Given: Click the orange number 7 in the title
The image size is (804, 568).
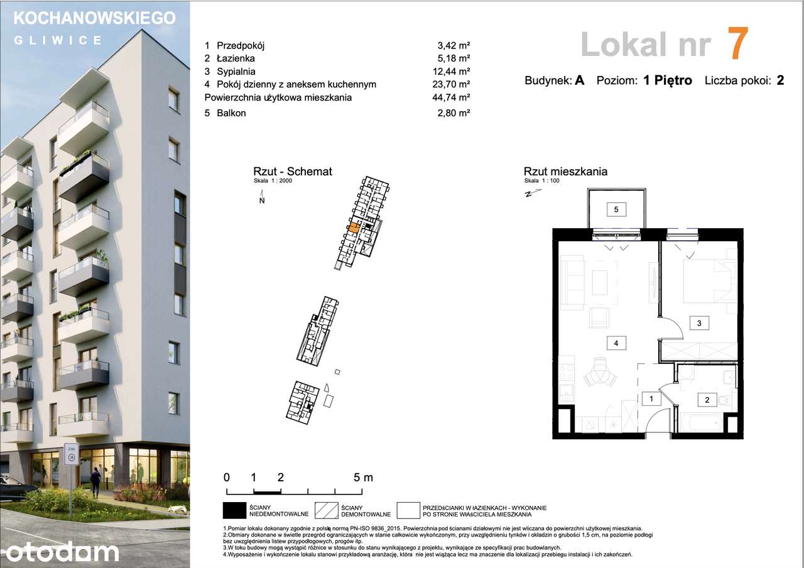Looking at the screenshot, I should (x=737, y=44).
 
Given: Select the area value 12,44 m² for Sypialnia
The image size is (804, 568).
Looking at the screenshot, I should (x=454, y=72).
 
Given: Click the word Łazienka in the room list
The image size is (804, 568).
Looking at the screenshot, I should (x=236, y=58).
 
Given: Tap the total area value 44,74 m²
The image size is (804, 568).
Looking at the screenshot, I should (x=454, y=97).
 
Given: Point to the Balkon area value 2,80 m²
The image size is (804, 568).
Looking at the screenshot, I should (x=454, y=113).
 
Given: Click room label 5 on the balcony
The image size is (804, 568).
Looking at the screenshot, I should (x=616, y=209).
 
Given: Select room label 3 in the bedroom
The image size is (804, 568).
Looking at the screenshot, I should (x=699, y=324).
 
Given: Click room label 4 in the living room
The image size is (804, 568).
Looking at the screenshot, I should (x=616, y=343).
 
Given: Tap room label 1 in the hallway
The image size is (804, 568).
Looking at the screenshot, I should (x=651, y=398).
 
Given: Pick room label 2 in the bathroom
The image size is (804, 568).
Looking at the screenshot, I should (x=707, y=400).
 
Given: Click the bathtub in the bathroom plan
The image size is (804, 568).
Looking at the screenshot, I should (x=705, y=422).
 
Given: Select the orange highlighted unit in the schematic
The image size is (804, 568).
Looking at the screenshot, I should (x=354, y=228).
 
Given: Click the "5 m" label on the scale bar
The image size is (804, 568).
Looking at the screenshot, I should (x=363, y=477).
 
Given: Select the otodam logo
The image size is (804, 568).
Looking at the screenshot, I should (x=60, y=551).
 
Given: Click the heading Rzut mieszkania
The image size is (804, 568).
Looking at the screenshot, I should (x=565, y=172).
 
